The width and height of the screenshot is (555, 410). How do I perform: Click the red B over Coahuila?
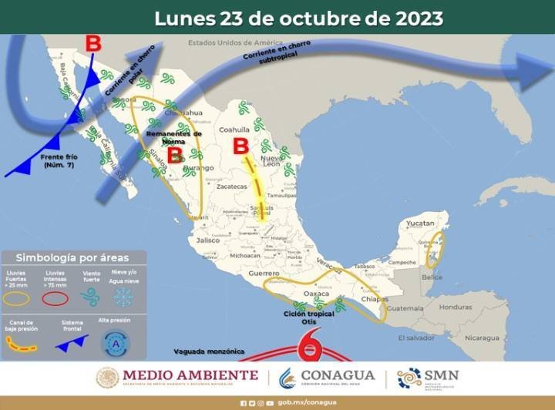click(x=240, y=146)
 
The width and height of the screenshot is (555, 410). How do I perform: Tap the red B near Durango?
click(x=175, y=155)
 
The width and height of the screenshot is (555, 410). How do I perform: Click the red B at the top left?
click(x=92, y=43)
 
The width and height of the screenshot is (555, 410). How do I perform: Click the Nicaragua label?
click(x=481, y=338)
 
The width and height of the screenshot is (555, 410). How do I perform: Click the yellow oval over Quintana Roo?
click(x=434, y=250)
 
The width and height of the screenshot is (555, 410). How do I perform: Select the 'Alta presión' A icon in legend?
click(x=116, y=342)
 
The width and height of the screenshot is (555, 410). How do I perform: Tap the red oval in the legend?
click(x=55, y=298)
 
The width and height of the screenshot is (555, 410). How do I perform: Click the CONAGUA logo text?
click(x=338, y=376)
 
